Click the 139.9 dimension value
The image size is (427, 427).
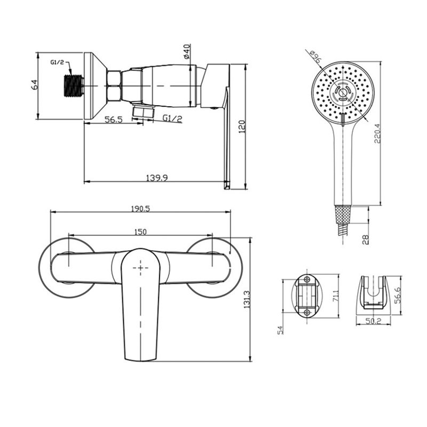[157, 178]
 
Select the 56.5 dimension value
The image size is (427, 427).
[114, 119]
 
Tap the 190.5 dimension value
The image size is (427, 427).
[140, 209]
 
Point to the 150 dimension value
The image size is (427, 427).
[140, 232]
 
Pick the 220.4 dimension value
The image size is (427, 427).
[377, 133]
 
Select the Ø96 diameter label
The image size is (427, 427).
[316, 57]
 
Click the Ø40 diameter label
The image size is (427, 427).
[186, 51]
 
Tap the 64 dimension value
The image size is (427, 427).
[35, 85]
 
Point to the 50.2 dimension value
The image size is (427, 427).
[373, 321]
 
